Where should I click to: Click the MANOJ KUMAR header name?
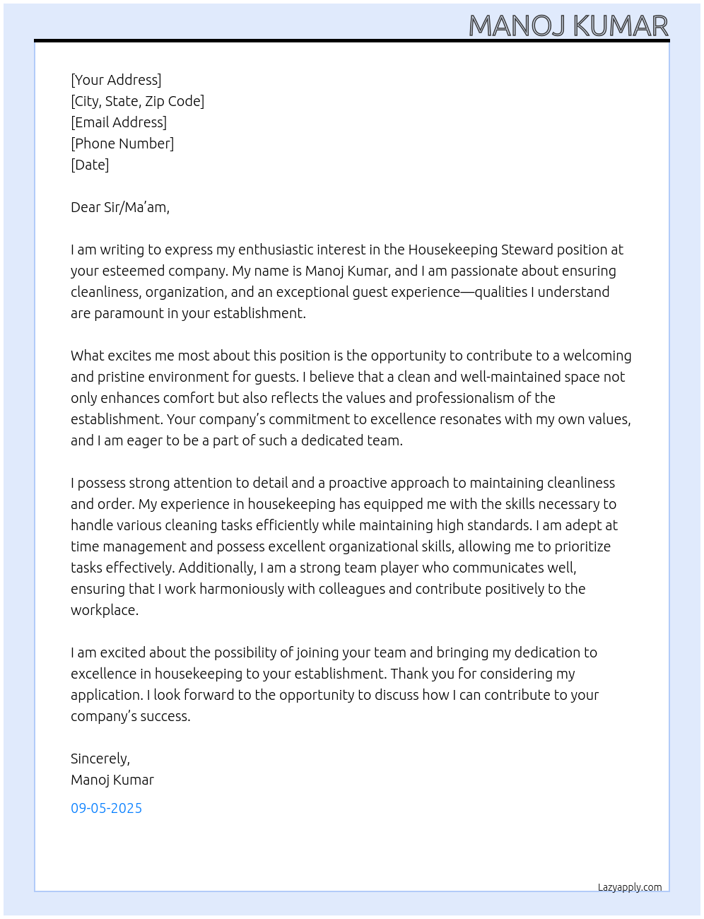[568, 25]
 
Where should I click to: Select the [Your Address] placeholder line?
[116, 80]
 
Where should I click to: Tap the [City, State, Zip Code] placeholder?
[137, 101]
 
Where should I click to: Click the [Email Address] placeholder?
[119, 122]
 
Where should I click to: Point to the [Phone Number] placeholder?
[122, 144]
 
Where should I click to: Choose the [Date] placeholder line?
[90, 165]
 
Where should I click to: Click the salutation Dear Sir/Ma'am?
[119, 207]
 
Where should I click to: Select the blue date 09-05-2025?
[106, 808]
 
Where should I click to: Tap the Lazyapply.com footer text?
[630, 887]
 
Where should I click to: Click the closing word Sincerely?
[100, 759]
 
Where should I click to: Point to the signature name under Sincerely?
[112, 780]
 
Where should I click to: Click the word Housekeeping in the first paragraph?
[452, 250]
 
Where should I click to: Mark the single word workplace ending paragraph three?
[104, 610]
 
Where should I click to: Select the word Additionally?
[217, 568]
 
